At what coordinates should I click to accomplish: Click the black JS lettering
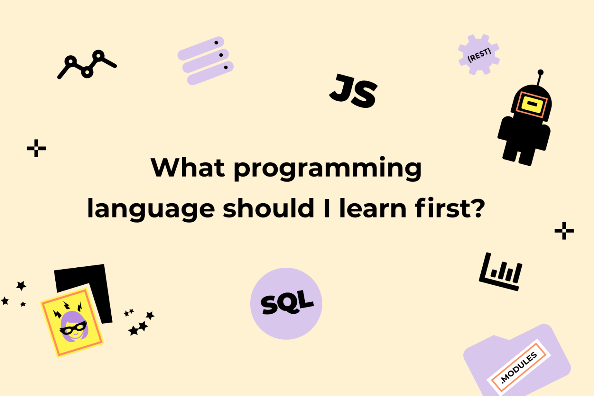[353, 92]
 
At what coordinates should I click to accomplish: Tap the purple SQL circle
[286, 304]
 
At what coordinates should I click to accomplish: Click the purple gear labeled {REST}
[479, 54]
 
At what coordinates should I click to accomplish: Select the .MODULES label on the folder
[519, 367]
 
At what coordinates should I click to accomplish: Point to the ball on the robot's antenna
[541, 72]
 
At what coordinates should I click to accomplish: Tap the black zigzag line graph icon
[87, 64]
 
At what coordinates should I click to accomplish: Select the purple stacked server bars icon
[205, 61]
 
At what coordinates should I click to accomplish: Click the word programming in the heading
[327, 168]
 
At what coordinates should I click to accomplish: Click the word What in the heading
[188, 168]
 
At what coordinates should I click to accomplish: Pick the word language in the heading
[151, 209]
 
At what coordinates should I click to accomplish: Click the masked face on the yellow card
[73, 327]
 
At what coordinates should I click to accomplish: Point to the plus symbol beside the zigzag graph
[36, 148]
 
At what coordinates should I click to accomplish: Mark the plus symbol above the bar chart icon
[564, 231]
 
